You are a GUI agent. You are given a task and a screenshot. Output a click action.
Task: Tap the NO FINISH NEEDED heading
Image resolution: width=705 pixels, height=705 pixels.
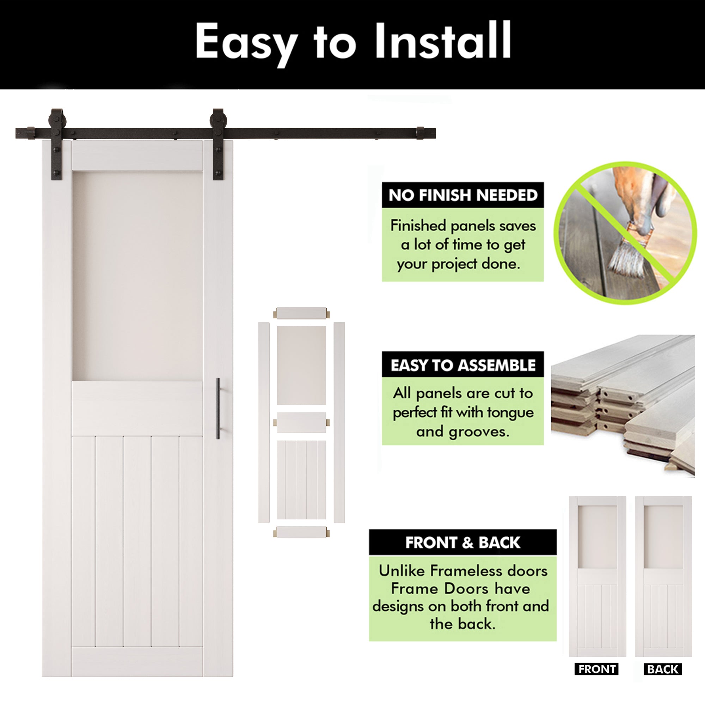463,195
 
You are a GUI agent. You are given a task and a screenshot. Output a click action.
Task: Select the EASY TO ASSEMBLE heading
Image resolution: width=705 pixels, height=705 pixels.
463,365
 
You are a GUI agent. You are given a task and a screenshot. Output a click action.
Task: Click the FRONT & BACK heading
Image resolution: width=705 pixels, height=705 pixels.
462,542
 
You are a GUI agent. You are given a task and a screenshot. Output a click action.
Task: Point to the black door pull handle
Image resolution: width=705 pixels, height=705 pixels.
218,408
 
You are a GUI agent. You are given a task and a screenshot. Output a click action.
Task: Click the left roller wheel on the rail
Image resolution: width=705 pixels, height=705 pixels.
57,118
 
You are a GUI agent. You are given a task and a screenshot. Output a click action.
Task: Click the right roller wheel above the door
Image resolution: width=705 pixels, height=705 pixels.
218,118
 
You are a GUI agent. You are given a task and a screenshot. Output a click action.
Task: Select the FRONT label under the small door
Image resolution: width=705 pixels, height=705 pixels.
597,669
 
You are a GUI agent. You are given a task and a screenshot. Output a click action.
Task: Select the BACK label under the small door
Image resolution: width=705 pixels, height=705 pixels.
663,669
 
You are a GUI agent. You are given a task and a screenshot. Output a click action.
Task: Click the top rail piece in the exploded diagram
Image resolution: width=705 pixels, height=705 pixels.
301,313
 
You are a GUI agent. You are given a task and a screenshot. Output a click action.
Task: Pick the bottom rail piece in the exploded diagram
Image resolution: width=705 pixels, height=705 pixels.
301,532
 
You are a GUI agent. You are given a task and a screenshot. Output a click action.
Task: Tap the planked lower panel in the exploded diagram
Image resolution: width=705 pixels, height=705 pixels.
301,479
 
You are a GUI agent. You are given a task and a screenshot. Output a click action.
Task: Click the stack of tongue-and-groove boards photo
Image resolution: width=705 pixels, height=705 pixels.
623,405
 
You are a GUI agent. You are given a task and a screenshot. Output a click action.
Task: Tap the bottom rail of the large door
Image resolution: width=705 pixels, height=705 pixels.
137,662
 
